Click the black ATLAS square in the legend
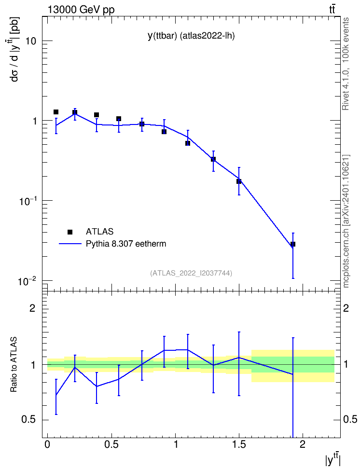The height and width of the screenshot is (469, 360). pos(70,232)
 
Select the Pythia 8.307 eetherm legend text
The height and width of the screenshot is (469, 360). pos(126,244)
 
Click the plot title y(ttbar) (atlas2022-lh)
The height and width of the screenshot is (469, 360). pos(191,36)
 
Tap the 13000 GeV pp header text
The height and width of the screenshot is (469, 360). pos(81,10)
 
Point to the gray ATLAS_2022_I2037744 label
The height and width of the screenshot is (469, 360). pos(191,273)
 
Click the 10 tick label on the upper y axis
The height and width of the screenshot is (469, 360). pos(31,41)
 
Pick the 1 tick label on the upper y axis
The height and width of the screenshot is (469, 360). pos(34,121)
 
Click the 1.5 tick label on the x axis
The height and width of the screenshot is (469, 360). pos(239,444)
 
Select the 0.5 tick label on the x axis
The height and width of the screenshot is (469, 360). pos(111,444)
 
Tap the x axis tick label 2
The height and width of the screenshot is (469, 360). pos(303,444)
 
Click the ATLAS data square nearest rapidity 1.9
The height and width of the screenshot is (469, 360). pos(293,244)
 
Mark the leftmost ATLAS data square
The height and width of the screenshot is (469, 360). pos(56,112)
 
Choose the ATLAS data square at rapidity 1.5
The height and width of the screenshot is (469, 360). pos(239,181)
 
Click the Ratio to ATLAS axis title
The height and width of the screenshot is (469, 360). pos(14,364)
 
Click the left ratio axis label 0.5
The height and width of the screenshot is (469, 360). pos(28,420)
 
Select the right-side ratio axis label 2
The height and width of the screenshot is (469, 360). pos(346,308)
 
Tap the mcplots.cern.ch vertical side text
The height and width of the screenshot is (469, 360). pos(346,221)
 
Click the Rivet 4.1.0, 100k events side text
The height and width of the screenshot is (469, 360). pos(346,64)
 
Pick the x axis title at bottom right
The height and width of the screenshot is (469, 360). pos(333,459)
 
